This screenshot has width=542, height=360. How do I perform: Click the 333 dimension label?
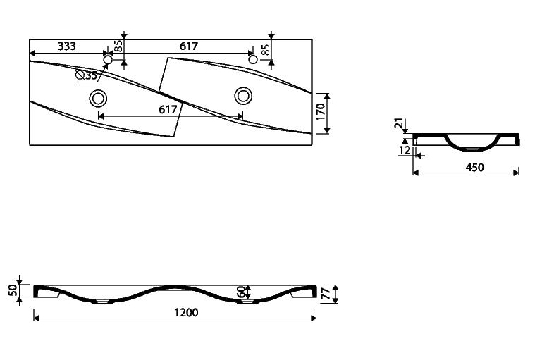pos(67,46)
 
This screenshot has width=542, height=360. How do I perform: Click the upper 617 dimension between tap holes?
pos(189,46)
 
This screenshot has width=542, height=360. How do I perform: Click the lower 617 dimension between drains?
pos(168,109)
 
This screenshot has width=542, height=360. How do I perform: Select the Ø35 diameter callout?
pos(87,75)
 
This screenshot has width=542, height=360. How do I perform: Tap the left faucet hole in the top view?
pos(108,60)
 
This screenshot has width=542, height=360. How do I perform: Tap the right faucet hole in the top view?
pos(253,59)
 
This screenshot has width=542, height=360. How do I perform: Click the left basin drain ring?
pos(98,98)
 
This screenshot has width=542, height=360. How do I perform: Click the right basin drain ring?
pos(243,96)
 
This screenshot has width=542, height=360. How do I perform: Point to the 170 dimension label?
pos(321,111)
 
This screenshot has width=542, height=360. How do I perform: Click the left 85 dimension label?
pos(118,46)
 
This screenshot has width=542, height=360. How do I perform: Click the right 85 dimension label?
pos(266,50)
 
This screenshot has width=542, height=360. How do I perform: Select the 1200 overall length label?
pos(186,312)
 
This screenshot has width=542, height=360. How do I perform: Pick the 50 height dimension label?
pos(13,290)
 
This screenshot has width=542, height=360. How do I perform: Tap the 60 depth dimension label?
pos(242,292)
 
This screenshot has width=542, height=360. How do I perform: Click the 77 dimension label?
pos(326,294)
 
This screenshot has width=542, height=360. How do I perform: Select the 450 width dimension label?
pos(475,167)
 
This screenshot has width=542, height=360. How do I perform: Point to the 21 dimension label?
pos(399,123)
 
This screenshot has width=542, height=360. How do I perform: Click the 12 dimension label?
pos(405,150)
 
